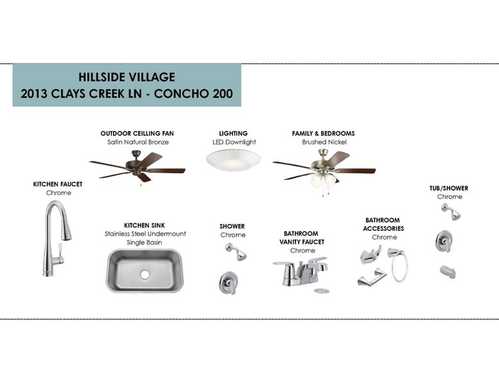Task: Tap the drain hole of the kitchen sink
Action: coord(144,275)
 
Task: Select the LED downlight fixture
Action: coord(233,160)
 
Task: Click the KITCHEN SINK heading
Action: coord(144,225)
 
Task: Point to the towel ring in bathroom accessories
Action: coord(400,266)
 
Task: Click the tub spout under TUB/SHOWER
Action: coord(448,272)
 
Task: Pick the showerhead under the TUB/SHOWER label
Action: coord(452,212)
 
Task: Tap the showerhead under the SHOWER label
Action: coord(236,252)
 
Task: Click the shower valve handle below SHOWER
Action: coord(228,283)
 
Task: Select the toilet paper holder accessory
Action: coord(372,277)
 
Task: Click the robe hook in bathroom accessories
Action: coord(371,255)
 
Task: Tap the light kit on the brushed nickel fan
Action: coord(322,181)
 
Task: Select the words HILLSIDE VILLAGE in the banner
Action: coord(127,77)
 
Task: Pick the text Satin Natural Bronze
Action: coord(138,142)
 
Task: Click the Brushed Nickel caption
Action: coord(324,142)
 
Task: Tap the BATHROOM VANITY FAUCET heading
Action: coord(302,238)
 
